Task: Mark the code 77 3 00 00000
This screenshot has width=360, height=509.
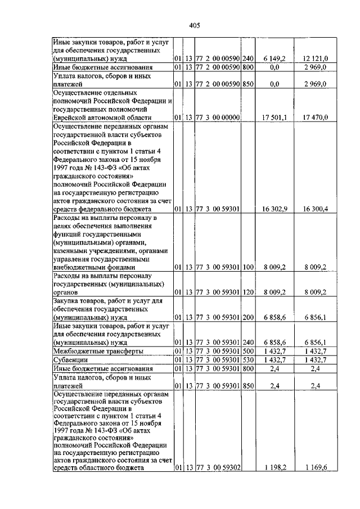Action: pos(218,117)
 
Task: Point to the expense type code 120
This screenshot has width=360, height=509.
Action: pos(248,292)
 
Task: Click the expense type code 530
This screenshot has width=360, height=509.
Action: pos(248,359)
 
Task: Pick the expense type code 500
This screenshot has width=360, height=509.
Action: pos(248,351)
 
